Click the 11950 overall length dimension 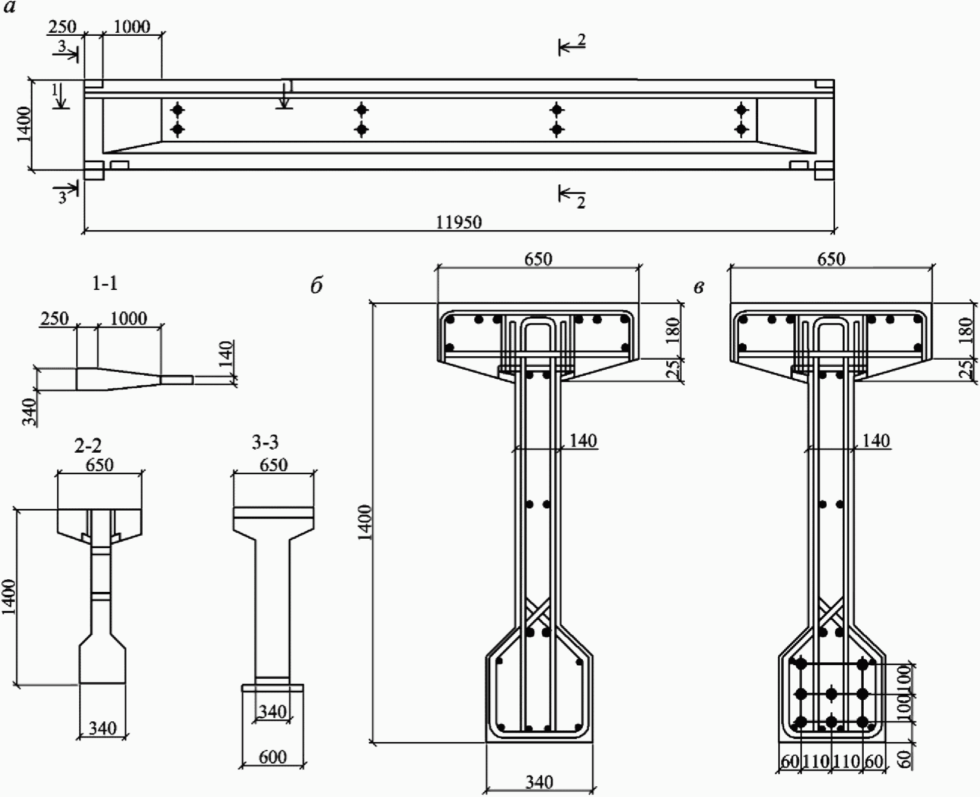click(459, 223)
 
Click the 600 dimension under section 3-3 click(273, 757)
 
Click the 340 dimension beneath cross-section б click(539, 781)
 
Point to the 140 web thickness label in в click(876, 440)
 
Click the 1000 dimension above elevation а click(132, 26)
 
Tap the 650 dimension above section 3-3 click(274, 464)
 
